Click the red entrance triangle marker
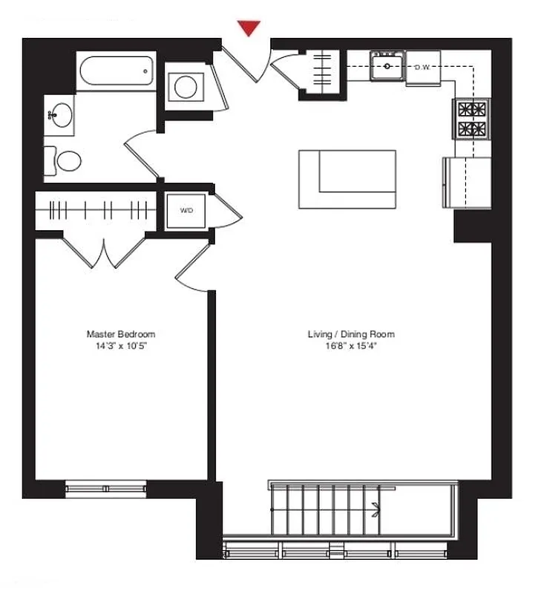pyautogui.click(x=249, y=28)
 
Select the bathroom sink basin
pyautogui.click(x=61, y=116)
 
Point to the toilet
pyautogui.click(x=65, y=161)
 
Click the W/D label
pyautogui.click(x=186, y=211)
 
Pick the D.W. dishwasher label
pyautogui.click(x=423, y=68)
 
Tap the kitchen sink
pyautogui.click(x=387, y=66)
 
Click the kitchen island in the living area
pyautogui.click(x=347, y=179)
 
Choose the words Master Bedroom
pyautogui.click(x=121, y=334)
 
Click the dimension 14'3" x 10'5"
pyautogui.click(x=121, y=346)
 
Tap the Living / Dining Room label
pyautogui.click(x=351, y=334)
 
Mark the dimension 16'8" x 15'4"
pyautogui.click(x=351, y=346)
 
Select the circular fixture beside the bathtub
pyautogui.click(x=185, y=88)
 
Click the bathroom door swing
pyautogui.click(x=141, y=154)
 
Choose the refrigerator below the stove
pyautogui.click(x=466, y=183)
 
